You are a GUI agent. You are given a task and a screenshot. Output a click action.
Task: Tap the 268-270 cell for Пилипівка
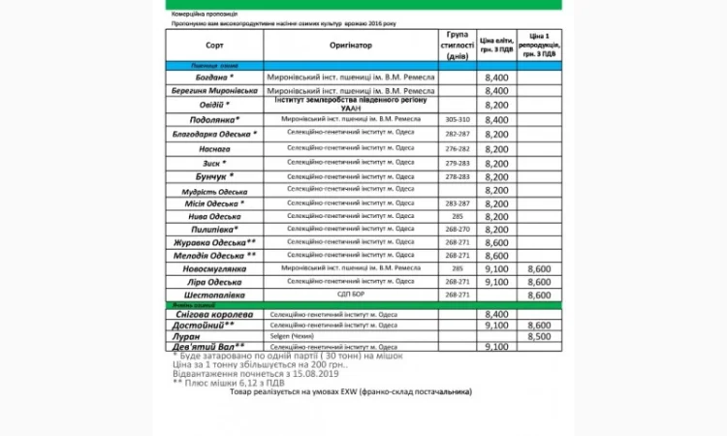pos(456,230)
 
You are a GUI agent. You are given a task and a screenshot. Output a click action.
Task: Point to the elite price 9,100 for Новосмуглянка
pos(495,267)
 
